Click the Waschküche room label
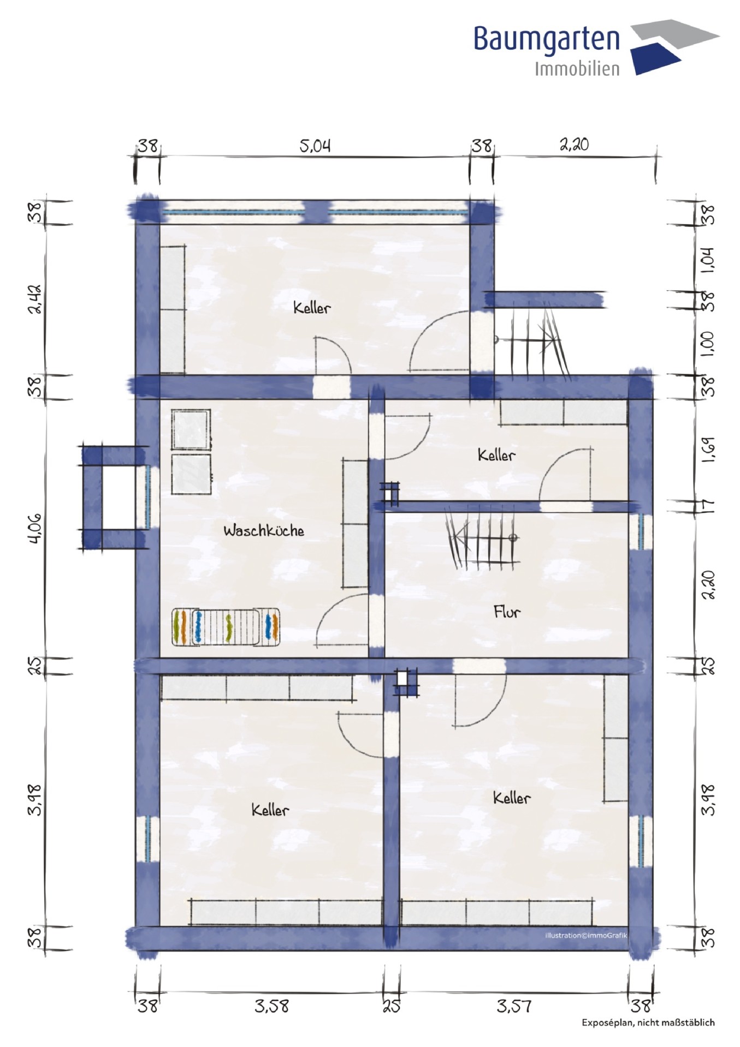pyautogui.click(x=264, y=530)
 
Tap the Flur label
pyautogui.click(x=507, y=612)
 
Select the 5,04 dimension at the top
pyautogui.click(x=315, y=146)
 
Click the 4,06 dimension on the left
pyautogui.click(x=34, y=528)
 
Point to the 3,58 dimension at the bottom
pyautogui.click(x=271, y=1006)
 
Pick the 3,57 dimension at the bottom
pyautogui.click(x=513, y=1006)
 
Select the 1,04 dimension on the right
pyautogui.click(x=707, y=260)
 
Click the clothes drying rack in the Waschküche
pyautogui.click(x=226, y=627)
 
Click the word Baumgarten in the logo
pyautogui.click(x=547, y=40)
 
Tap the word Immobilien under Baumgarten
pyautogui.click(x=577, y=69)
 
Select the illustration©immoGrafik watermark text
pyautogui.click(x=586, y=935)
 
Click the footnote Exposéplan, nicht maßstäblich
pyautogui.click(x=648, y=1022)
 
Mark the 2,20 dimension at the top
pyautogui.click(x=574, y=145)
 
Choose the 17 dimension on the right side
pyautogui.click(x=707, y=505)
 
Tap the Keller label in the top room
pyautogui.click(x=312, y=308)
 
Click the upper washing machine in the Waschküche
pyautogui.click(x=191, y=430)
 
